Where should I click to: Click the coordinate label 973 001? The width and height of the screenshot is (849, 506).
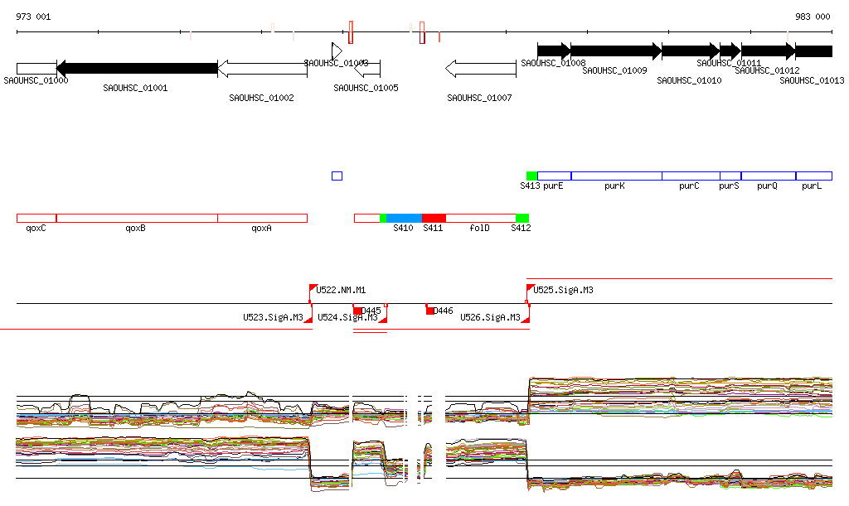tap(33, 17)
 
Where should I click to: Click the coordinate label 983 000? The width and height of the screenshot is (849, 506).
tap(813, 17)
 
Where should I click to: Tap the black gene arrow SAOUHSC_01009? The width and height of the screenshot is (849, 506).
tap(615, 51)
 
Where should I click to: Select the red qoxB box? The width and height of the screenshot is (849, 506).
tap(137, 218)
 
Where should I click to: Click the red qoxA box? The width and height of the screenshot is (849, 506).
tap(262, 218)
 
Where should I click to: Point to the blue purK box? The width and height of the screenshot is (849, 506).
tap(616, 176)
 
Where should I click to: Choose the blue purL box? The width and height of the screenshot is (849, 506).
tap(813, 176)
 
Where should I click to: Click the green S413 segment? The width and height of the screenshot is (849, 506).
tap(531, 176)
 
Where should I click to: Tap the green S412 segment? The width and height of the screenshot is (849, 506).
tap(522, 218)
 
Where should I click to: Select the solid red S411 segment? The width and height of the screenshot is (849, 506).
tap(434, 218)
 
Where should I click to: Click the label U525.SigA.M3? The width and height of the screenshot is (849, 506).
tap(564, 291)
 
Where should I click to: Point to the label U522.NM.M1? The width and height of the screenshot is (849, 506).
tap(341, 291)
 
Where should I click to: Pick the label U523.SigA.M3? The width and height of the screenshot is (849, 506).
tap(273, 317)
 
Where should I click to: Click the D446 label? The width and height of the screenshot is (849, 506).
tap(444, 311)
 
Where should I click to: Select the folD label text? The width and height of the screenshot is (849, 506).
tap(479, 228)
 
